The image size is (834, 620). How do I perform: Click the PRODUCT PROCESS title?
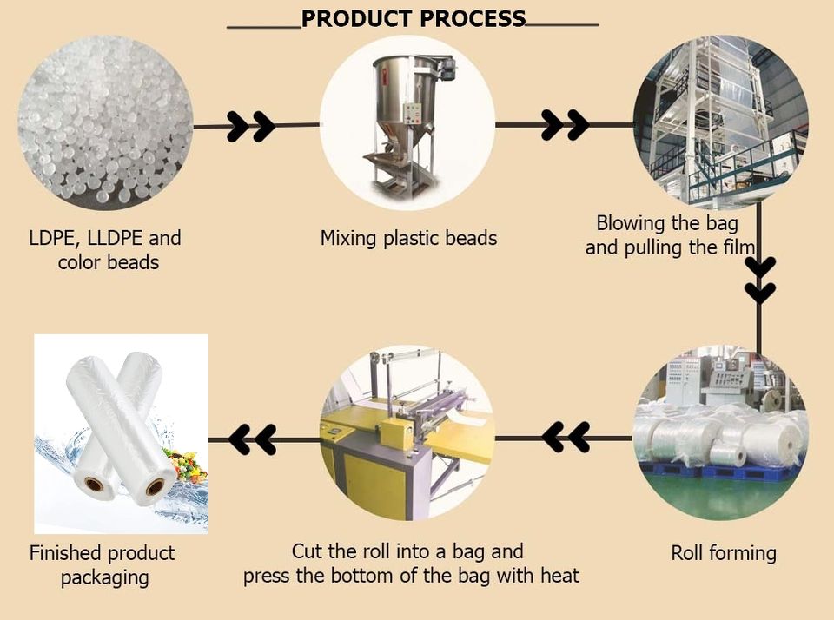pyautogui.click(x=413, y=19)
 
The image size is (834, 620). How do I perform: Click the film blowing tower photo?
pyautogui.click(x=720, y=122)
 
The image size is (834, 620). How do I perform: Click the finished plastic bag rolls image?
pyautogui.click(x=121, y=433)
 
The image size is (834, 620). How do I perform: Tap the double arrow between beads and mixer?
pyautogui.click(x=250, y=126)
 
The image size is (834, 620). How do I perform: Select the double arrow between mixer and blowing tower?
pyautogui.click(x=565, y=125)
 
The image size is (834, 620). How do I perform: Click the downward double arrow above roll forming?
pyautogui.click(x=760, y=279)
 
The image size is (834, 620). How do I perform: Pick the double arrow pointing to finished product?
pyautogui.click(x=253, y=439)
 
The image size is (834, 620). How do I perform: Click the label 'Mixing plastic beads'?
pyautogui.click(x=408, y=238)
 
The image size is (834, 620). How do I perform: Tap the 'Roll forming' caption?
pyautogui.click(x=724, y=553)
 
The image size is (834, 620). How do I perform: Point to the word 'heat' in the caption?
pyautogui.click(x=559, y=575)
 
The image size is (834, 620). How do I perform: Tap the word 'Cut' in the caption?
pyautogui.click(x=307, y=551)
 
